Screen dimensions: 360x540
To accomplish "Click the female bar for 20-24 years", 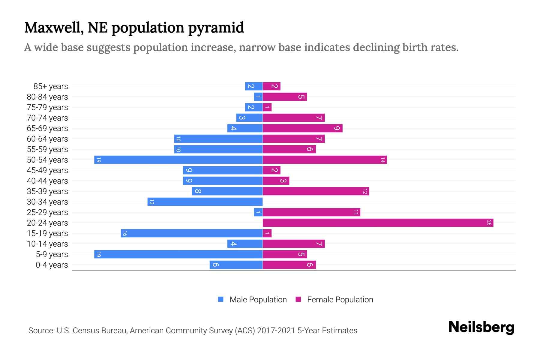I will tap(378, 223).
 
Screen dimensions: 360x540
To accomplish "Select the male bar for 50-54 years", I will tap(178, 160).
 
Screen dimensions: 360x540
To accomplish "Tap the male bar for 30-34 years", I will tap(205, 202).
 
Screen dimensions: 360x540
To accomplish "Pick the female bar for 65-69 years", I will tap(302, 128).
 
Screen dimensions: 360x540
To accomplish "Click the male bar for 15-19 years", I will tap(192, 233).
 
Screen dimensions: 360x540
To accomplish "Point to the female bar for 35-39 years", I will tap(316, 191).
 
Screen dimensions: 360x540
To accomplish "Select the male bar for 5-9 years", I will tap(178, 254).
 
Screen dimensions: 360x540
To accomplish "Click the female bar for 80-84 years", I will tap(285, 97).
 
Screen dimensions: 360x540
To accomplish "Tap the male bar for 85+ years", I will tap(254, 86).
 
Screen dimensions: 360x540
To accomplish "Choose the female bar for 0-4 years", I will tap(289, 265).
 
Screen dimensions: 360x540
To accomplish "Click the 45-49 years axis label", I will tap(47, 170).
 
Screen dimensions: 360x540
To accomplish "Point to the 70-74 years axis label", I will tap(47, 118).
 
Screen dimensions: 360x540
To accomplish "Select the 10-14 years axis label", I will tap(47, 244).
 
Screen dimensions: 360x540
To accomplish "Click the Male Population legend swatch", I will tap(221, 299).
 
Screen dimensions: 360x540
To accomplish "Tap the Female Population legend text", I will tap(340, 300).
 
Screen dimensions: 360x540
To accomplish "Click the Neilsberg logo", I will tap(481, 327).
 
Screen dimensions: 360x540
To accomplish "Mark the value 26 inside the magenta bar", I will tap(489, 223).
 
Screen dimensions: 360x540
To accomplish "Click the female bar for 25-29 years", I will tap(311, 212).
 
